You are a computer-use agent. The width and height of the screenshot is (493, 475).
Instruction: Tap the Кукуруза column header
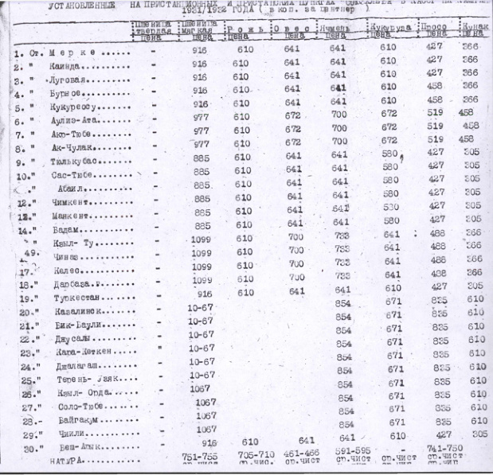coord(389,28)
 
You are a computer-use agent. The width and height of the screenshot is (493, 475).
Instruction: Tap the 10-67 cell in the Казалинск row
coord(199,307)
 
